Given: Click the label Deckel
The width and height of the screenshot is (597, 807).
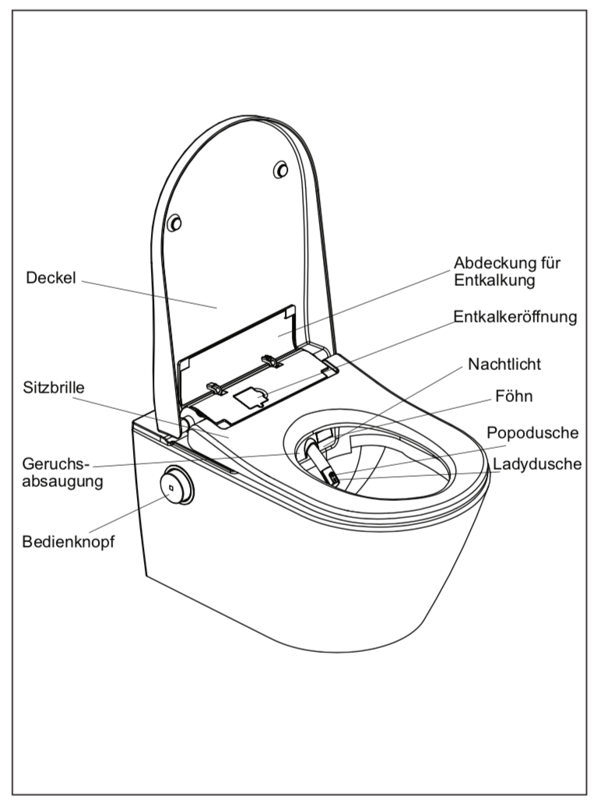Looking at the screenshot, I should click(x=51, y=277).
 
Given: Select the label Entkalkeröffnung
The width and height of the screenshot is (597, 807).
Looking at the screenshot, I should click(x=514, y=317).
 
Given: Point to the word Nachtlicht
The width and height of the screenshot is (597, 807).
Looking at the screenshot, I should click(x=504, y=365).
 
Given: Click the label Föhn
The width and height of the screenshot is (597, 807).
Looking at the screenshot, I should click(x=513, y=396).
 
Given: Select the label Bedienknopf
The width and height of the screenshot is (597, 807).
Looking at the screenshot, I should click(x=68, y=541).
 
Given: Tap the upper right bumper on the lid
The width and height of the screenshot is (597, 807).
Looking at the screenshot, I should click(x=281, y=169).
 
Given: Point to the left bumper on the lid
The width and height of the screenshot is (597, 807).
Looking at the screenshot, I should click(x=176, y=224).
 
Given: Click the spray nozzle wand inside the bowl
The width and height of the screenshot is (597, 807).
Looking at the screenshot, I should click(x=318, y=459).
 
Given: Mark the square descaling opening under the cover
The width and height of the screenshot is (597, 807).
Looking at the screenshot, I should click(x=250, y=396).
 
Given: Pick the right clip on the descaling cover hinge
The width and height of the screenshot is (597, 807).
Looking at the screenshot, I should click(x=271, y=360).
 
